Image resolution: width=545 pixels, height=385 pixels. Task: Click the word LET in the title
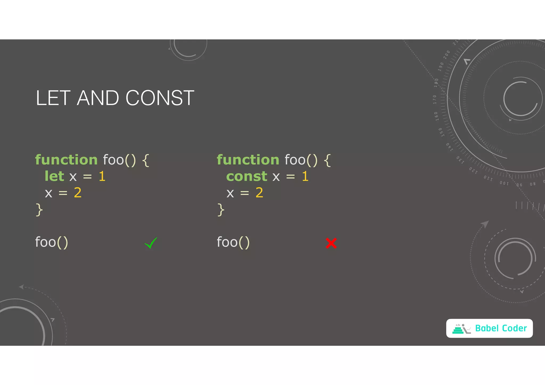53,98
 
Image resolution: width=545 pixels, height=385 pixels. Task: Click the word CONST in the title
160,98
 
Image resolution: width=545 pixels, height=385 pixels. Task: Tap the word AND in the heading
98,98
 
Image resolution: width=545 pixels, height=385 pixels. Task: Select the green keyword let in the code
54,176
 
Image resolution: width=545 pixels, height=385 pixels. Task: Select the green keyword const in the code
247,176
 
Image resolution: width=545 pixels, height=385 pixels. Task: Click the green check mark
151,243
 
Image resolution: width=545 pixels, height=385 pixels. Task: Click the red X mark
331,243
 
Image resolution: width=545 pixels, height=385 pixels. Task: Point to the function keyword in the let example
67,160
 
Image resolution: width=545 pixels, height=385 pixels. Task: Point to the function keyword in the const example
248,160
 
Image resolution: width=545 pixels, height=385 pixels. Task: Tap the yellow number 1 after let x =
102,176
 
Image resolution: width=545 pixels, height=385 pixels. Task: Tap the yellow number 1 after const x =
305,176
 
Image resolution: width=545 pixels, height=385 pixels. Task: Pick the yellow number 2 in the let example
78,193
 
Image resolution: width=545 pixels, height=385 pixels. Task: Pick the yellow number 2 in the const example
259,193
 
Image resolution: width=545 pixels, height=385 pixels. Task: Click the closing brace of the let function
39,210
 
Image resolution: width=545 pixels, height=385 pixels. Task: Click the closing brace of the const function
221,210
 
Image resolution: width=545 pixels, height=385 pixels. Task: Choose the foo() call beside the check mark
52,242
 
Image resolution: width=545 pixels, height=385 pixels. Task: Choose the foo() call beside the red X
233,242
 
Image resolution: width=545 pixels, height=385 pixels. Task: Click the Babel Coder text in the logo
501,328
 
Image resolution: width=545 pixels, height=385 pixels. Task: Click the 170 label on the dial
435,99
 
